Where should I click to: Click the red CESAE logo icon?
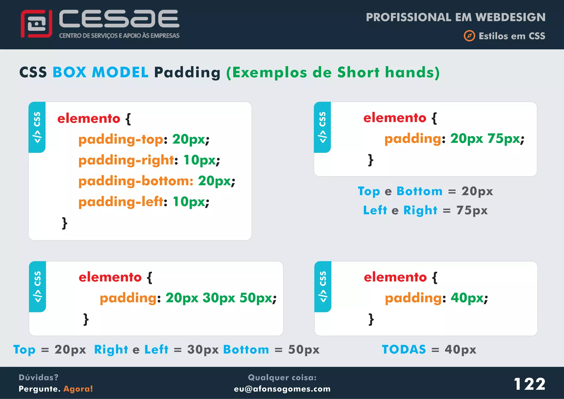(x=36, y=24)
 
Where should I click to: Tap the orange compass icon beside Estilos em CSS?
(x=469, y=36)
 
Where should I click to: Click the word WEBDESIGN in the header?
(x=510, y=17)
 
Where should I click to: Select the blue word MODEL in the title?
(x=120, y=72)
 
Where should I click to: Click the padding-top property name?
(x=121, y=139)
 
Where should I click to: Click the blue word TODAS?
(x=404, y=349)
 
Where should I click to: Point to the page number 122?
(x=529, y=384)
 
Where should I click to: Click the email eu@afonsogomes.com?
(x=282, y=389)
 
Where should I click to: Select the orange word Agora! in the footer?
(x=78, y=389)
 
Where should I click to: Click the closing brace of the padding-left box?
(x=65, y=223)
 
